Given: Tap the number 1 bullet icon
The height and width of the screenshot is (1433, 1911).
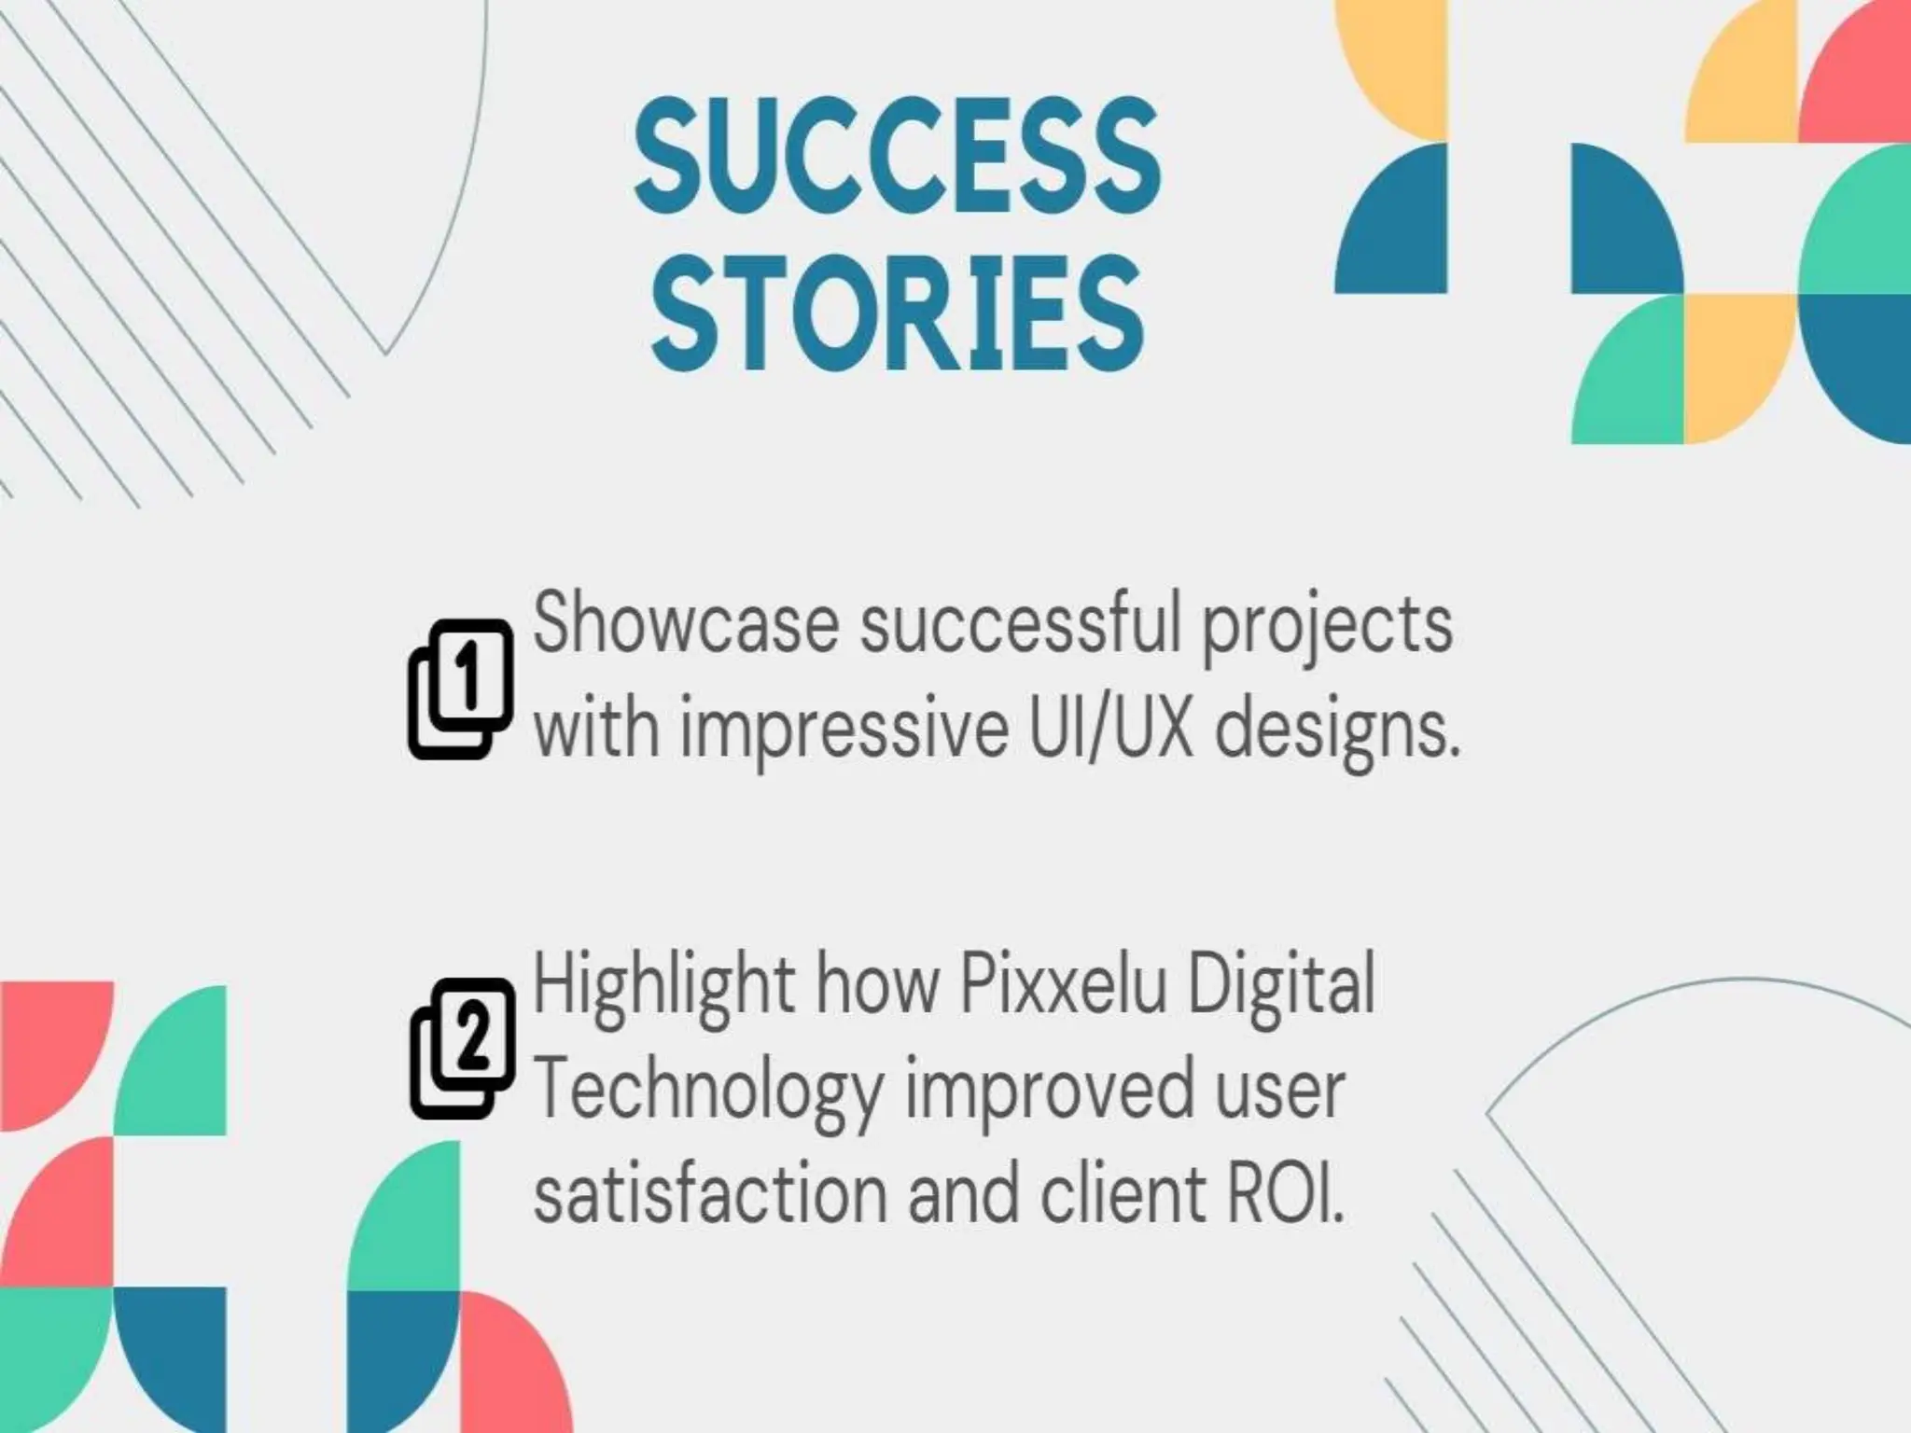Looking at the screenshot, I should coord(461,689).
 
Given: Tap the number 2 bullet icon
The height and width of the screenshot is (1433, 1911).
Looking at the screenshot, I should coord(463,1048).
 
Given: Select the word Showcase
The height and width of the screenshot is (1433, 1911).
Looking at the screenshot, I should coord(686,624).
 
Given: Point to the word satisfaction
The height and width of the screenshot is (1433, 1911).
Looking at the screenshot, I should coord(710,1193).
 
